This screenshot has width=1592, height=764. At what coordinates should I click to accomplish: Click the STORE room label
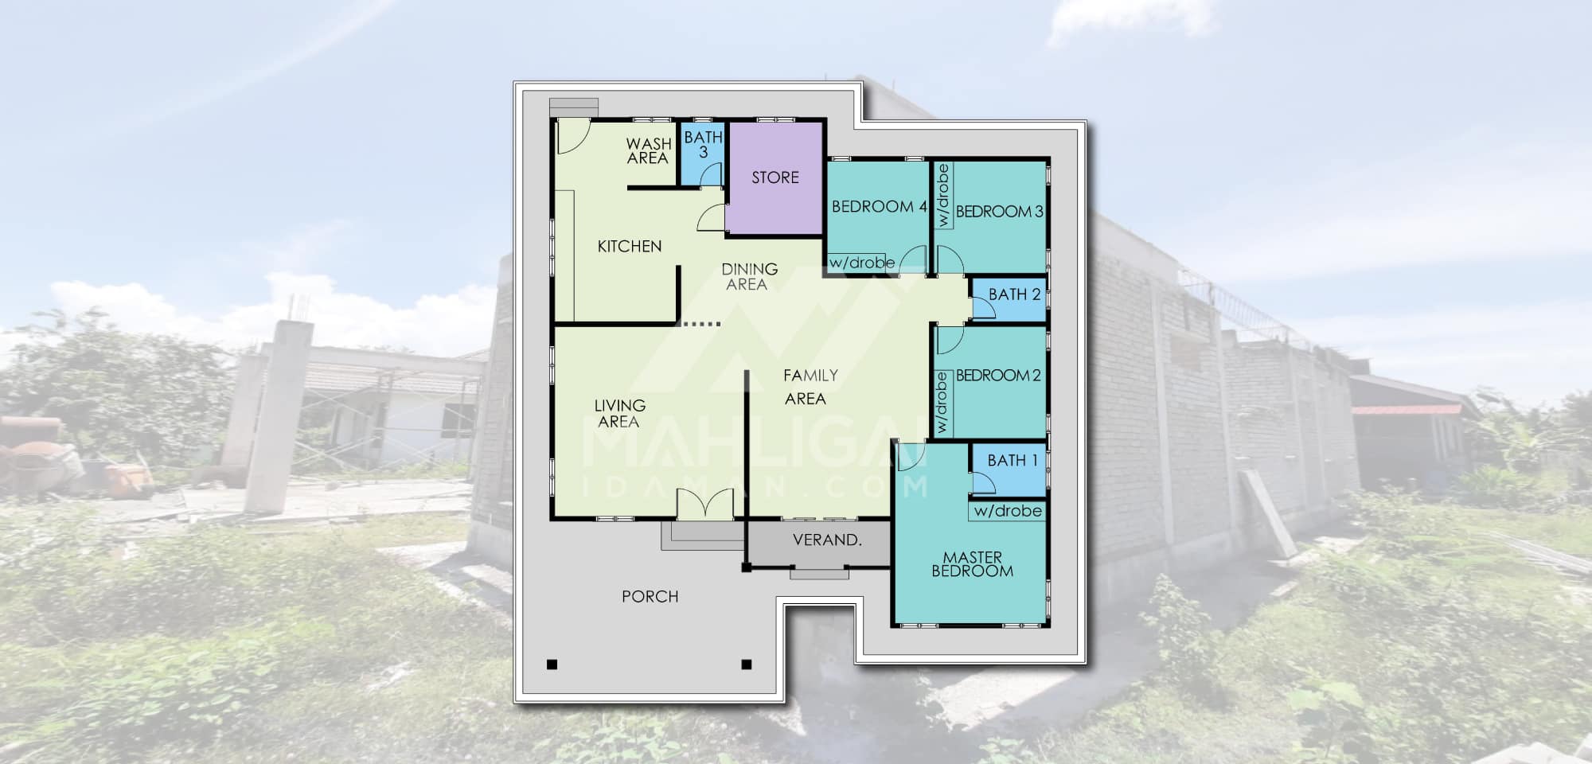[x=775, y=177]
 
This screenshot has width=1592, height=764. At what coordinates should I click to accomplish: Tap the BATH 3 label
[x=704, y=144]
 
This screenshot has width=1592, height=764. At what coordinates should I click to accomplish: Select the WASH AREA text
[x=648, y=151]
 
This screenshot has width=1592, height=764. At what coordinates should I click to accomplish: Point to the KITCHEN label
[x=630, y=247]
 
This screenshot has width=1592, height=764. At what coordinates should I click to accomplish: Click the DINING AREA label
[x=749, y=277]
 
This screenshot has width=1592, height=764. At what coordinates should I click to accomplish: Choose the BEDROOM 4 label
[x=880, y=207]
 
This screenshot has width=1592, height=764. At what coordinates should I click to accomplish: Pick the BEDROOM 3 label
[x=1000, y=212]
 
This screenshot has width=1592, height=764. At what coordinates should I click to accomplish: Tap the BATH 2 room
[x=1009, y=300]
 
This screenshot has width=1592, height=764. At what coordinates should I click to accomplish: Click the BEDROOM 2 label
[x=998, y=376]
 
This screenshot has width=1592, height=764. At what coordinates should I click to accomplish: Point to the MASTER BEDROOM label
[x=973, y=564]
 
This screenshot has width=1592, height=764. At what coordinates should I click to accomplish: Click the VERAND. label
[x=827, y=540]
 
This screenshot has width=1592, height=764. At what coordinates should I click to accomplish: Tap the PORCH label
[x=650, y=597]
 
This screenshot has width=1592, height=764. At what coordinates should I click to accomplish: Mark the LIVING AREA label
[x=619, y=414]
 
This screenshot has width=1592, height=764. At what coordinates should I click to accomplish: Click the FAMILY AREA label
[x=809, y=387]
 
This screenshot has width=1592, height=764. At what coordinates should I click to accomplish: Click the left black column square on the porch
[x=552, y=665]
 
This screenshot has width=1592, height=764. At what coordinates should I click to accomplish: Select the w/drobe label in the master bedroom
[x=1008, y=511]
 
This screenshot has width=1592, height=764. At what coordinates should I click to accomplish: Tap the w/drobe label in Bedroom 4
[x=862, y=263]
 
